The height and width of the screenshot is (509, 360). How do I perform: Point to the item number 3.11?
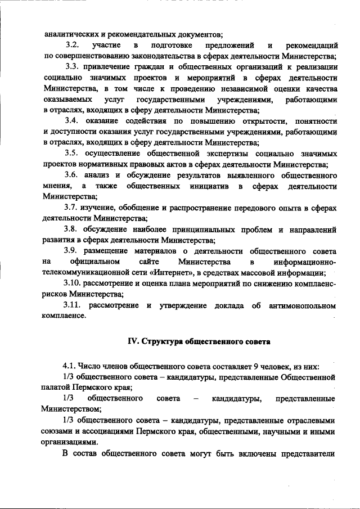(x=74, y=305)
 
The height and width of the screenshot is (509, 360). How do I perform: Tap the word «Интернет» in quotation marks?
(x=190, y=273)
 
